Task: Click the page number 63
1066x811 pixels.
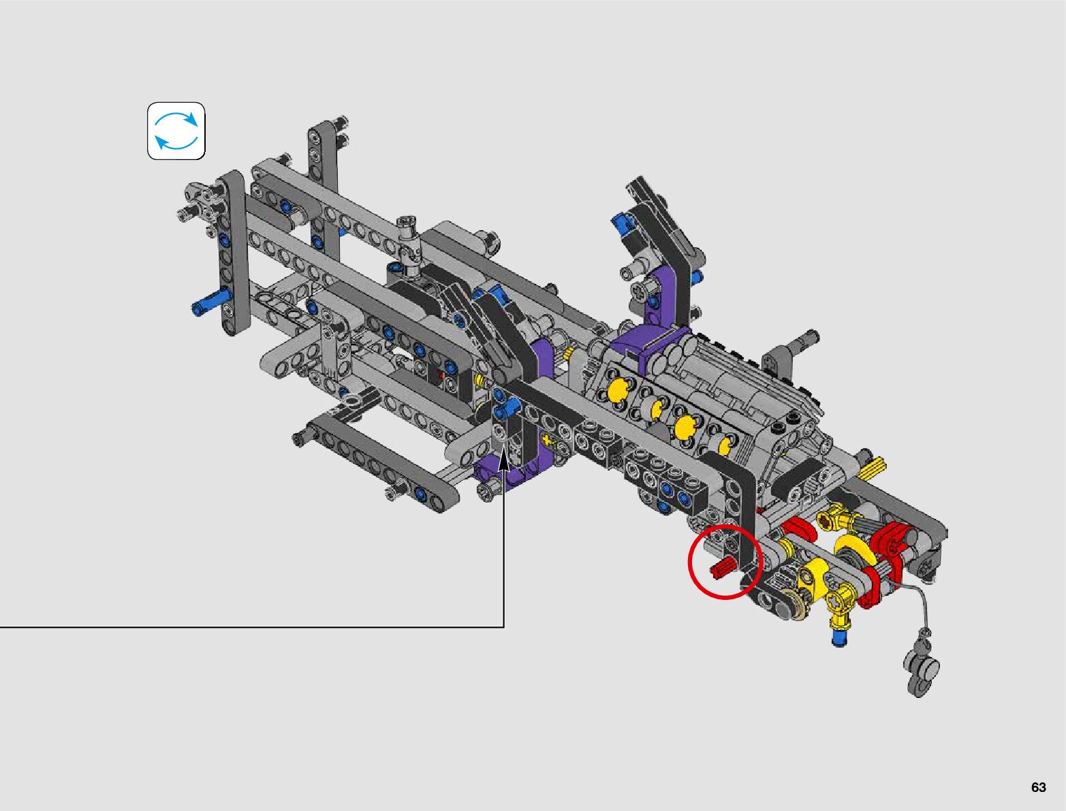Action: tap(1038, 786)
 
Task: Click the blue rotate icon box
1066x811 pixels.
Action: tap(176, 131)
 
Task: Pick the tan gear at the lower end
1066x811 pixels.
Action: tap(941, 605)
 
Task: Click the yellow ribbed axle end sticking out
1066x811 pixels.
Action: tap(873, 467)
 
